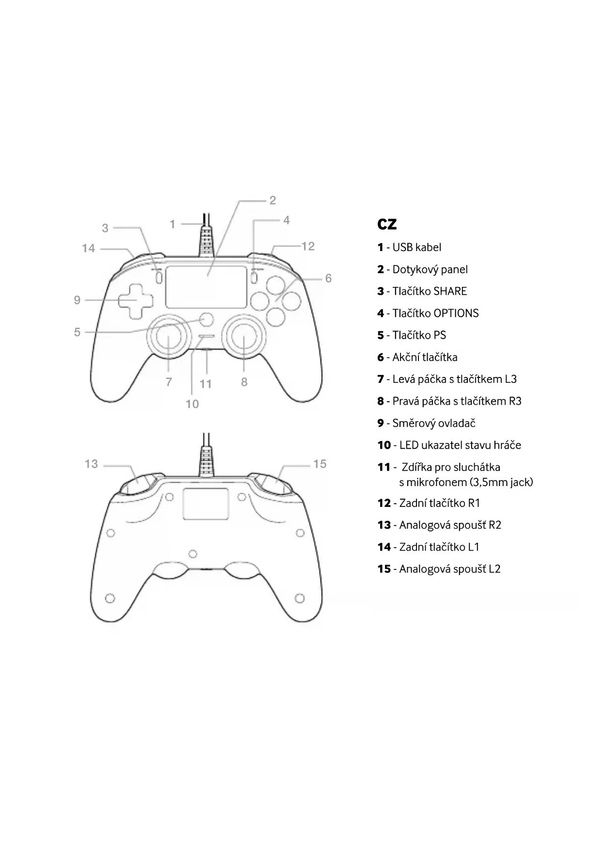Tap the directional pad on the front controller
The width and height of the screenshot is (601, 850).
(x=135, y=300)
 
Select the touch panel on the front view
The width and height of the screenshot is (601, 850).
(x=206, y=287)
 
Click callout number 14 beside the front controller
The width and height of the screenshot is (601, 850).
(x=88, y=249)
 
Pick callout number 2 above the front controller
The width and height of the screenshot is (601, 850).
(x=273, y=200)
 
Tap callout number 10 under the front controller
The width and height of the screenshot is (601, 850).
(x=192, y=404)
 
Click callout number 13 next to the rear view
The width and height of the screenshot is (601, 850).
(x=91, y=464)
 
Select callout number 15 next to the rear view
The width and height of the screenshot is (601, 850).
(x=320, y=464)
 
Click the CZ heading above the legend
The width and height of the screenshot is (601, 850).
(x=386, y=224)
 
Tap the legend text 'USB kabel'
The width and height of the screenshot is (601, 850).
(x=416, y=248)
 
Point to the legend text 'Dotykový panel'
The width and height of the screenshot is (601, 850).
(x=430, y=269)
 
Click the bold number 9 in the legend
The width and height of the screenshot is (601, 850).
(x=381, y=424)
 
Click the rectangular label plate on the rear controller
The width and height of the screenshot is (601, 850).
(x=205, y=504)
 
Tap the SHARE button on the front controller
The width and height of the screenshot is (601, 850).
(x=159, y=277)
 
